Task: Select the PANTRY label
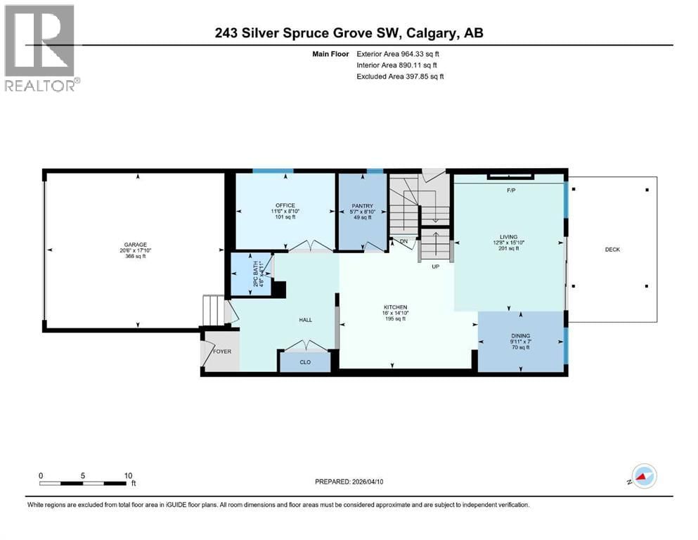pos(362,206)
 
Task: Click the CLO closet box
pos(305,362)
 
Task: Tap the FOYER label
pos(222,352)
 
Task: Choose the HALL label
pos(305,320)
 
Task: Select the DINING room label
pos(521,336)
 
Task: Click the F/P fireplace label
pos(510,191)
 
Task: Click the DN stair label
pos(403,242)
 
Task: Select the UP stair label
pos(436,267)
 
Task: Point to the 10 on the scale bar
pos(128,475)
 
